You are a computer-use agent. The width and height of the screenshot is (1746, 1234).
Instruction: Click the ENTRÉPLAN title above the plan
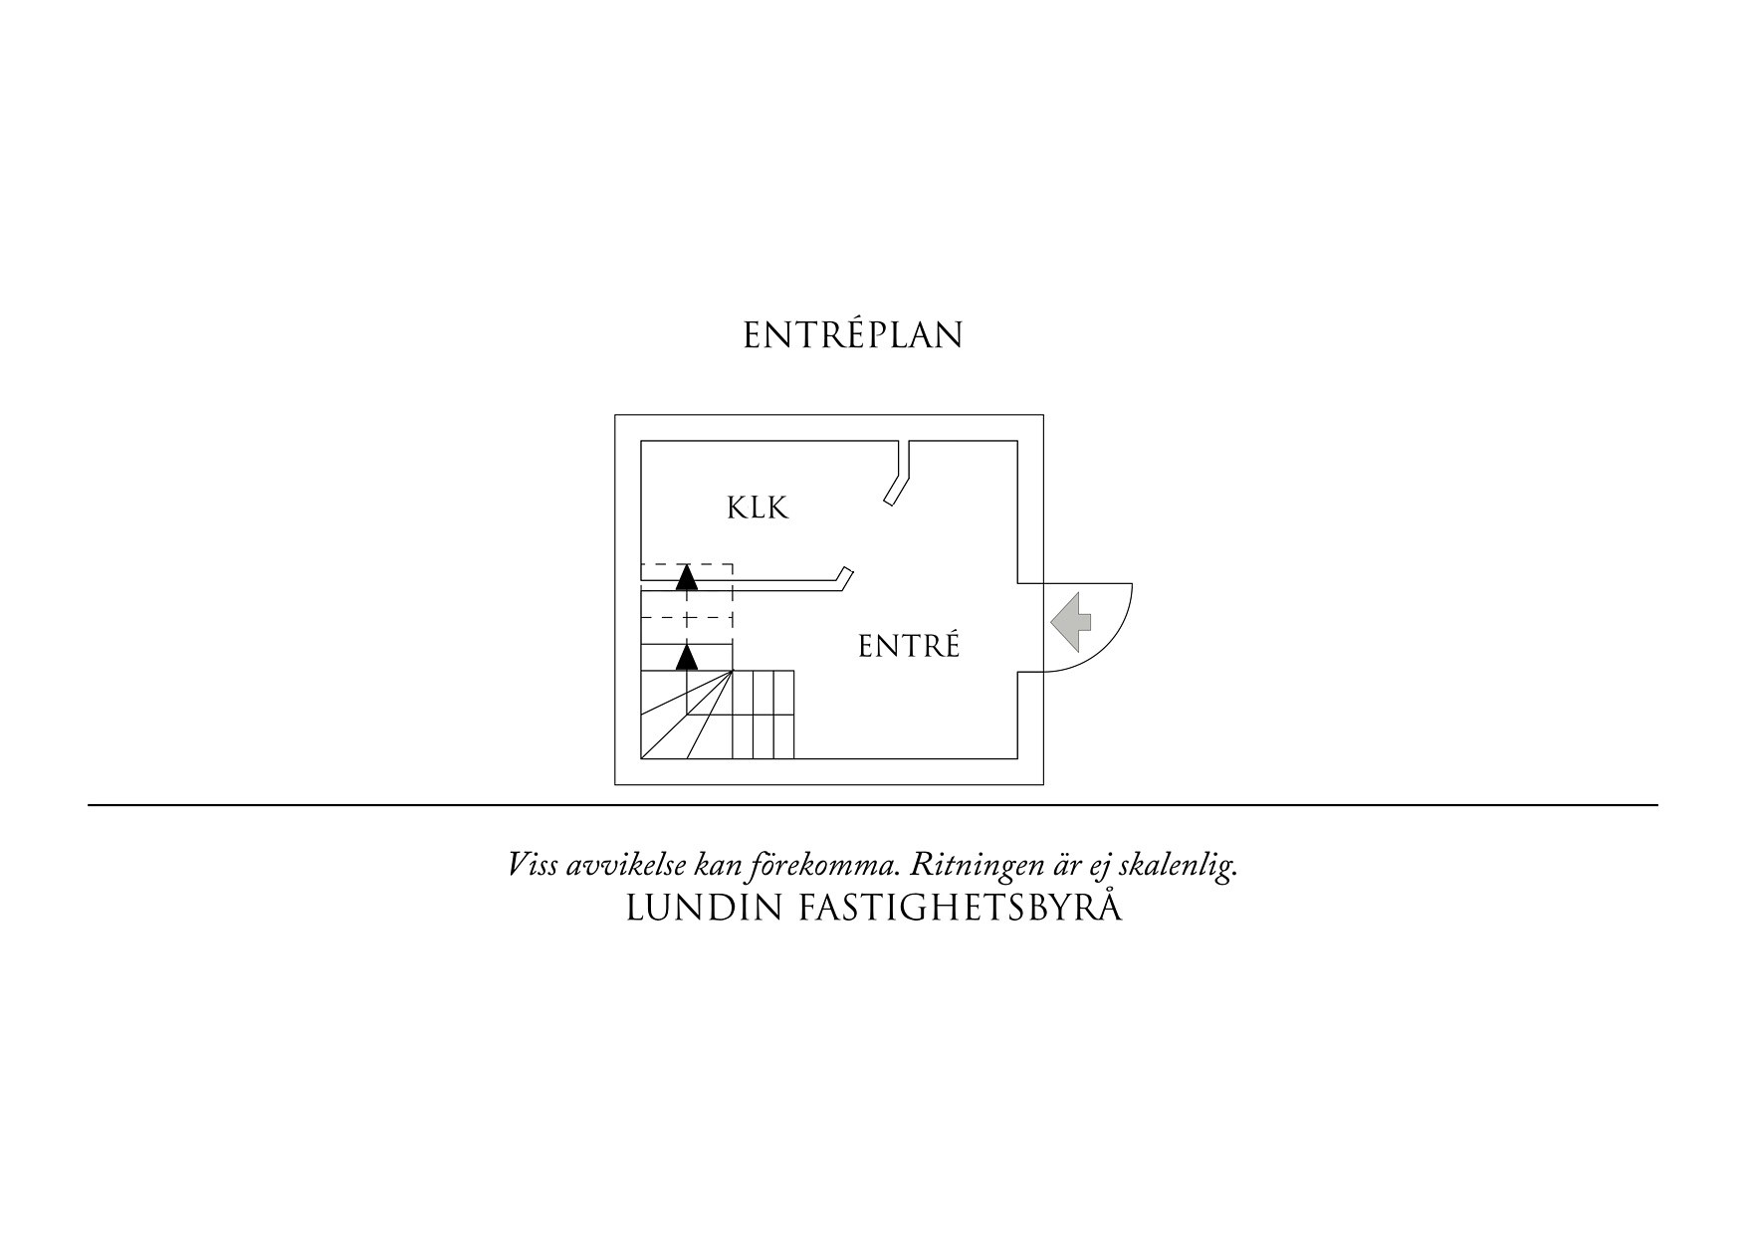pyautogui.click(x=853, y=334)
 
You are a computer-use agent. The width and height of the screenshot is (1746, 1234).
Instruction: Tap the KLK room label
pyautogui.click(x=758, y=509)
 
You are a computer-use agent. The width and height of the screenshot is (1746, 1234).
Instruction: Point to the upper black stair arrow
pyautogui.click(x=686, y=578)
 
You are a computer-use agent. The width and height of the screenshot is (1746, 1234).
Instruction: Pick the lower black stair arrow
pyautogui.click(x=686, y=657)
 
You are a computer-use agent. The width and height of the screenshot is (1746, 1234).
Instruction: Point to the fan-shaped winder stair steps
pyautogui.click(x=687, y=715)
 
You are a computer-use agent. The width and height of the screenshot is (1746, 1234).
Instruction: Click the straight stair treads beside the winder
pyautogui.click(x=764, y=715)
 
